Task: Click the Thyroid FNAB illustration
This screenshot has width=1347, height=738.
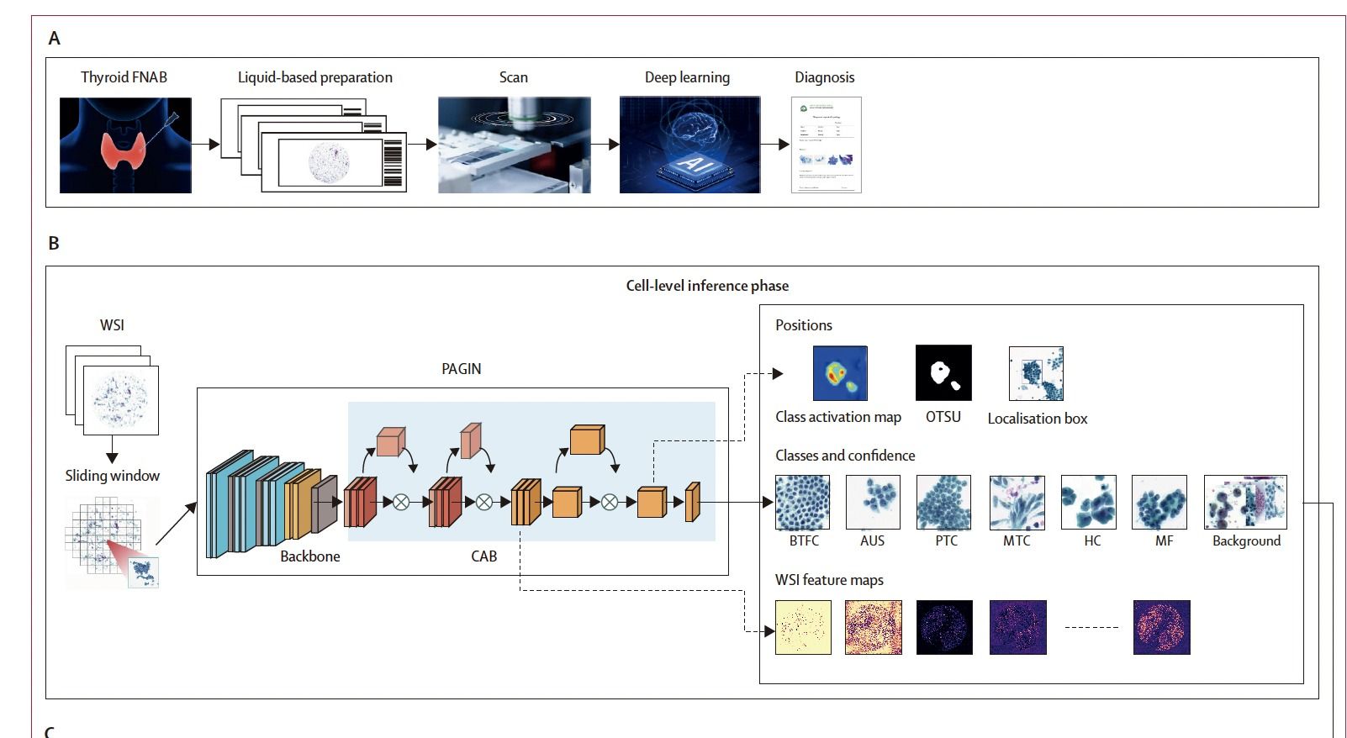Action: coord(125,145)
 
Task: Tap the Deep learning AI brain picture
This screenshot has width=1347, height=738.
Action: coord(689,145)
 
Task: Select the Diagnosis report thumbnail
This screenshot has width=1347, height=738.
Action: coord(826,145)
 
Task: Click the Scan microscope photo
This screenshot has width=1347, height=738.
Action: coord(514,145)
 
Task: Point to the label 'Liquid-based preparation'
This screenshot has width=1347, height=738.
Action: coord(314,77)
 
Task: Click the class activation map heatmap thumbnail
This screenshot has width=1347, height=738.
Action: coord(839,373)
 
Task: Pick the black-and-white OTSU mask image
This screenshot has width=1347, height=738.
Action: coord(943,372)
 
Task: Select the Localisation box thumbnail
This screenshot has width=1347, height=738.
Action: coord(1036,373)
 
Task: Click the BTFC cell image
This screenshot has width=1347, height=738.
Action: coord(802,502)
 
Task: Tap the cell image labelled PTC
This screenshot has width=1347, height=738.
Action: coord(943,502)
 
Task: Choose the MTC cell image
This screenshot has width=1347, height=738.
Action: coord(1017,502)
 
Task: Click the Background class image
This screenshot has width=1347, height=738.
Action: coord(1244,502)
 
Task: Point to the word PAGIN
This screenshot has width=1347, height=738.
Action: coord(461,369)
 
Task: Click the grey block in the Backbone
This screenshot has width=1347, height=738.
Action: coord(324,504)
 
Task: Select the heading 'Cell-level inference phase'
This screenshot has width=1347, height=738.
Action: coord(707,286)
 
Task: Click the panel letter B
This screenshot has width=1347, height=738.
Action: coord(54,244)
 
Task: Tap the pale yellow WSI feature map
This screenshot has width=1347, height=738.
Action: coord(802,627)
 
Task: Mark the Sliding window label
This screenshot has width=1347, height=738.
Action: coord(112,476)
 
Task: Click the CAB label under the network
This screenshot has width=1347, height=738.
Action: coord(483,556)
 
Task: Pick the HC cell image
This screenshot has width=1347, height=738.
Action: coord(1088,502)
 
